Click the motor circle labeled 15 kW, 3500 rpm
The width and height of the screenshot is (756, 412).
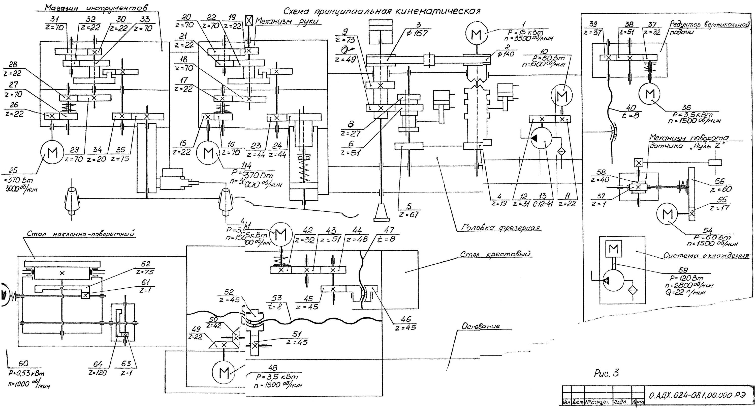pos(476,35)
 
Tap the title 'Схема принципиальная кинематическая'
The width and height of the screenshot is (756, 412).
pos(382,11)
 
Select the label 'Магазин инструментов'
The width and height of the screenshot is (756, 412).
pos(96,7)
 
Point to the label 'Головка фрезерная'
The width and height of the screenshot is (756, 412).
pos(500,228)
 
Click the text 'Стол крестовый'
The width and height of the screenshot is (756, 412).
pos(495,254)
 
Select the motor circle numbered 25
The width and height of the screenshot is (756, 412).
pos(52,153)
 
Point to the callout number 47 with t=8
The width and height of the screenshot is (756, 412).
pos(389,234)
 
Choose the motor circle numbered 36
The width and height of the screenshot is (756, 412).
pos(650,94)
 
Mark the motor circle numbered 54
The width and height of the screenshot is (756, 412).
pos(667,214)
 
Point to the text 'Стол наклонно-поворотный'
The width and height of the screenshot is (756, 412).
pos(81,234)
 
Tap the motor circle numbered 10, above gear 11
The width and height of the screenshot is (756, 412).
pos(562,96)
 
